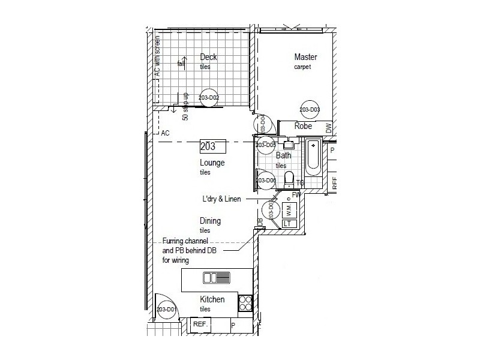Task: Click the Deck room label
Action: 208,58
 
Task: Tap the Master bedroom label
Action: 305,57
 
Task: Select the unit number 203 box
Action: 212,146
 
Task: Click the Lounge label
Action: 212,163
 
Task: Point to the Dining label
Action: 210,221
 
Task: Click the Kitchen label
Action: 212,299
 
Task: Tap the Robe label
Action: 303,127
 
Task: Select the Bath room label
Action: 283,155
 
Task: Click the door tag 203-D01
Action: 165,310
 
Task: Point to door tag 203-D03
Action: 310,110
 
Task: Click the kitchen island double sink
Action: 217,277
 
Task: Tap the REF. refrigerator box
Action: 200,325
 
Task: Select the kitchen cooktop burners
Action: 245,303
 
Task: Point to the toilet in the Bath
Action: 289,179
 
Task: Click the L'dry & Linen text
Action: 221,199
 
